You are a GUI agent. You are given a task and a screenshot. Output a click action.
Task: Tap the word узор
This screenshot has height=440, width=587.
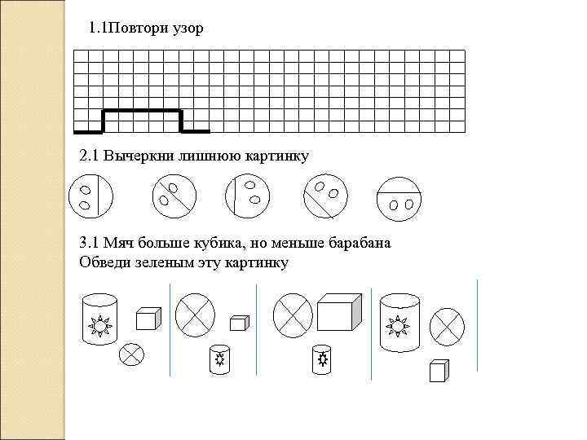(188, 29)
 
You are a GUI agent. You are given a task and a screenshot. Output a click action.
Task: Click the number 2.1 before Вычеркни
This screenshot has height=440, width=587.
(89, 156)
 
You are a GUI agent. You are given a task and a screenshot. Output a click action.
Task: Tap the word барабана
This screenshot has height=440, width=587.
(356, 244)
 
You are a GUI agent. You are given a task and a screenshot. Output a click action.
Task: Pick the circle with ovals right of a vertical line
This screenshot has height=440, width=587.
(247, 197)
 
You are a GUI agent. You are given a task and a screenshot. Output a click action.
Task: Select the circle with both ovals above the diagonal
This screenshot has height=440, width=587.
(325, 197)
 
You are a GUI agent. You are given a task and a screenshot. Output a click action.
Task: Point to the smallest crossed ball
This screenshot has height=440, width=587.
(131, 354)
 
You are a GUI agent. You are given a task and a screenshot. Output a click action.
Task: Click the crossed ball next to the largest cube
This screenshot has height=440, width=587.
(293, 314)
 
